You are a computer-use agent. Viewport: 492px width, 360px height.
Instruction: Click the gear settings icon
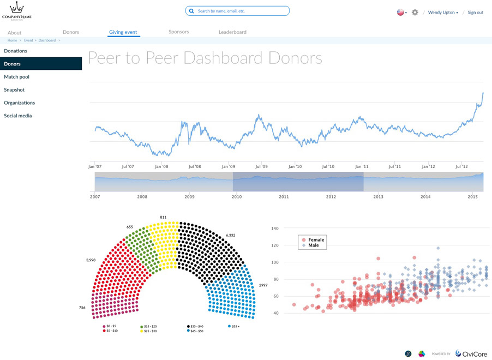[415, 12]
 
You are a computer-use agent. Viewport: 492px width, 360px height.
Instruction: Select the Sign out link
[475, 13]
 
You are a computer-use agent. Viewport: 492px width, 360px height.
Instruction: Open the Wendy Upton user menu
[443, 13]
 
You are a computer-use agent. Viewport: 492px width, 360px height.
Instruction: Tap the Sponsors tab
[179, 32]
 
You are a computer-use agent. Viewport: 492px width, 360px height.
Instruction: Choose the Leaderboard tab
[232, 32]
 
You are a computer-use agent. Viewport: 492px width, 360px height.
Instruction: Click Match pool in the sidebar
[16, 77]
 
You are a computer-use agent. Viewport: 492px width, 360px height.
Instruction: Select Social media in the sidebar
[17, 116]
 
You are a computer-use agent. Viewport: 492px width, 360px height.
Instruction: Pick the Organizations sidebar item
[19, 103]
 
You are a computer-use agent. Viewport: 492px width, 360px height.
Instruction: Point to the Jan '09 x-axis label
[227, 166]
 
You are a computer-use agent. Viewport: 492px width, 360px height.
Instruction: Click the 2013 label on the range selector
[378, 196]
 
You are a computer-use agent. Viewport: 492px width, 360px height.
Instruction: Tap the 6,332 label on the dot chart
[230, 235]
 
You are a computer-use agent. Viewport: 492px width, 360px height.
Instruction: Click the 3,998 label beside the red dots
[91, 260]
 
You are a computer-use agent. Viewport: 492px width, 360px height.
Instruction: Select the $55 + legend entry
[233, 326]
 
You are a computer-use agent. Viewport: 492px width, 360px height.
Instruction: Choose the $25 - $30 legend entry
[149, 331]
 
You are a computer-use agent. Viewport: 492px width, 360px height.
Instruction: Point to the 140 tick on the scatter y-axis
[275, 228]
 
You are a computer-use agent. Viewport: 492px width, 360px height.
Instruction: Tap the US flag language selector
[400, 12]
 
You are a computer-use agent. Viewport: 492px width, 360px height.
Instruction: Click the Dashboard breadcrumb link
[47, 40]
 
